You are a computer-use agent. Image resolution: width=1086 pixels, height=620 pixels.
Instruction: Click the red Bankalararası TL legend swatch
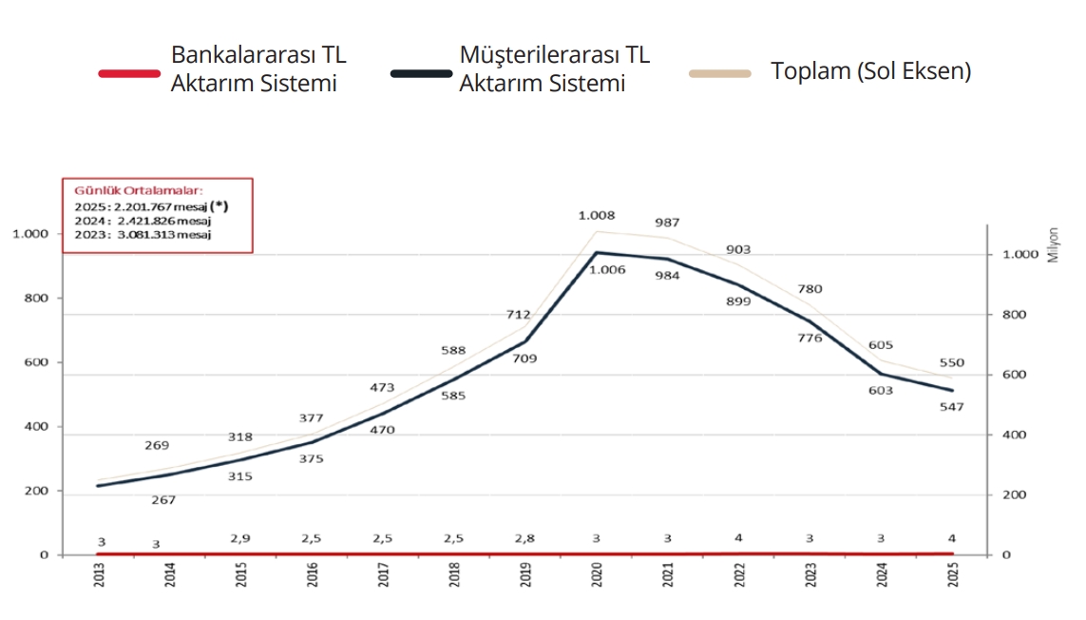pos(129,73)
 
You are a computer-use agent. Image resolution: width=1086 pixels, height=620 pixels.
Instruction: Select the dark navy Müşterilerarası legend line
pos(421,73)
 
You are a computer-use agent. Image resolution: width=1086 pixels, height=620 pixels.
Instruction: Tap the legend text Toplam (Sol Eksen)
pos(870,71)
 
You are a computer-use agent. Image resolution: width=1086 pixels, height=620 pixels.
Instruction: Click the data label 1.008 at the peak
pos(598,216)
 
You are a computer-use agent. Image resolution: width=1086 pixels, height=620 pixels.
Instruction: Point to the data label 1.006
pos(607,270)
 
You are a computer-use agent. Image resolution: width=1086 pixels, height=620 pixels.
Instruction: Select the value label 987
pos(667,223)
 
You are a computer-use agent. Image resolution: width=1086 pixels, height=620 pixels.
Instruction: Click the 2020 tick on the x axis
pos(598,576)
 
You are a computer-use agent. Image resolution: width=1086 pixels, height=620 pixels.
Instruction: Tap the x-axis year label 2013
pos(100,576)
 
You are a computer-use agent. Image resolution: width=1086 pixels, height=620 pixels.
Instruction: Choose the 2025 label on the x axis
pos(953,576)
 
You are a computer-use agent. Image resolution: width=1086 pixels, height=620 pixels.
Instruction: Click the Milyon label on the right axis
pos(1054,244)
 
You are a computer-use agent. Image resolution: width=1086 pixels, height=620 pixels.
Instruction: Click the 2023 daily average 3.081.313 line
pos(143,234)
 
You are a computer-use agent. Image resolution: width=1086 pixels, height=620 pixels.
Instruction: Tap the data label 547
pos(951,407)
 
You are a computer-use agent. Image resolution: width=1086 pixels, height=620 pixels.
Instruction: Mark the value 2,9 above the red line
pos(240,538)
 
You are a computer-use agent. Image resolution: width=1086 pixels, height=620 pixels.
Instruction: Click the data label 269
pos(157,445)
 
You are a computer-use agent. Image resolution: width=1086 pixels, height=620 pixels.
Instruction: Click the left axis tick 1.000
pos(31,234)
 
